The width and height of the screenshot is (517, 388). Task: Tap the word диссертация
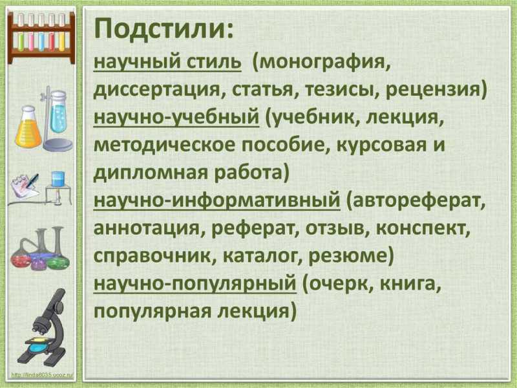(156, 91)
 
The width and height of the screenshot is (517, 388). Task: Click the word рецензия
(432, 90)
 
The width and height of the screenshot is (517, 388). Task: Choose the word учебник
(311, 118)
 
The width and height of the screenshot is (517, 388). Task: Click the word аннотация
(147, 228)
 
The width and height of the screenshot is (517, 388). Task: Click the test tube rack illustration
(41, 36)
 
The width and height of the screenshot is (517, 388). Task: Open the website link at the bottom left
(42, 375)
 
